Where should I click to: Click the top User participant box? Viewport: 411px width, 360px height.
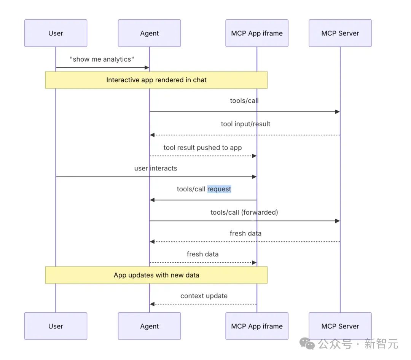(x=56, y=33)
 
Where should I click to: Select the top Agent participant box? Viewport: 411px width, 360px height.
(x=150, y=33)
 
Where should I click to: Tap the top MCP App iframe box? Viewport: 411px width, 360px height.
(x=257, y=33)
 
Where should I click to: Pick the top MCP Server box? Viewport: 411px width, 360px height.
(x=340, y=33)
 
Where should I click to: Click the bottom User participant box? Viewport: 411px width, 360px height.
(x=56, y=326)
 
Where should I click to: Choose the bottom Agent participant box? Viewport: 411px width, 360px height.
(x=150, y=326)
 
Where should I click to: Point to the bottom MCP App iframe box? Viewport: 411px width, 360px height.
(x=257, y=326)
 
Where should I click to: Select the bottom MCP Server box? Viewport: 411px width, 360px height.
(x=340, y=326)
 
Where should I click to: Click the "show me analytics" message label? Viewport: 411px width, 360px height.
(x=102, y=59)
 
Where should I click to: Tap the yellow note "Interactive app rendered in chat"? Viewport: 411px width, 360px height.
(x=156, y=80)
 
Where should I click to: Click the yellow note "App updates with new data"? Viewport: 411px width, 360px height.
(x=156, y=275)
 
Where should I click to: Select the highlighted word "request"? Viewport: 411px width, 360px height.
(x=219, y=189)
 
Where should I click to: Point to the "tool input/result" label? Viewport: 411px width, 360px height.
(x=245, y=124)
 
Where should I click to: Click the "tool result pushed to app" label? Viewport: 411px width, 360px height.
(x=202, y=148)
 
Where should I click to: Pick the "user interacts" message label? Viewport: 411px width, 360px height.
(x=156, y=168)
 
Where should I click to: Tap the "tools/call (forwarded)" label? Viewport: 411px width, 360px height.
(x=244, y=212)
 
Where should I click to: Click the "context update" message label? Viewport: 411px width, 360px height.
(x=204, y=296)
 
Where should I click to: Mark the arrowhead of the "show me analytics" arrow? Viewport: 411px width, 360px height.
(x=147, y=68)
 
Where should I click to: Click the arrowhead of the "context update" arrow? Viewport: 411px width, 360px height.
(x=152, y=304)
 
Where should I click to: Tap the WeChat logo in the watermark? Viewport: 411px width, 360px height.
(x=307, y=344)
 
